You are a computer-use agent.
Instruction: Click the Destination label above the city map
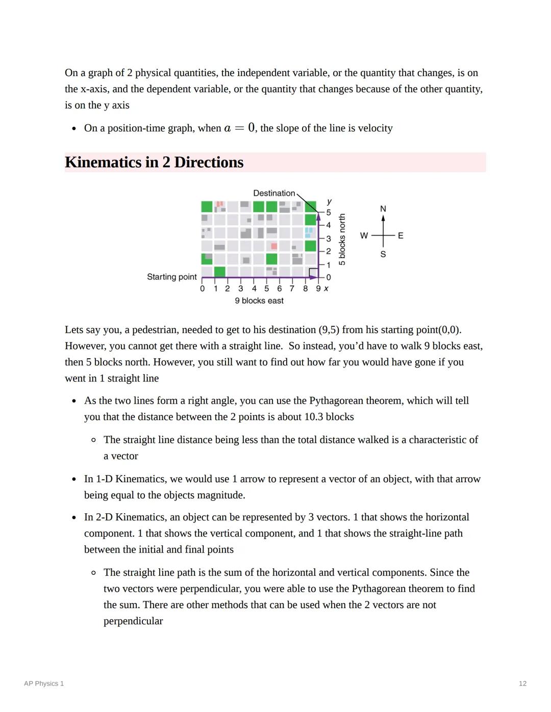click(x=274, y=193)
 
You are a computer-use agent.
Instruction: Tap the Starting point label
click(x=171, y=277)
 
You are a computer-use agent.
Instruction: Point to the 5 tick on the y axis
click(x=328, y=213)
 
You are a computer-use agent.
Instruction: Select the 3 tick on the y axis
click(x=328, y=239)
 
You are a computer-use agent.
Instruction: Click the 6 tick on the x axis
click(x=279, y=288)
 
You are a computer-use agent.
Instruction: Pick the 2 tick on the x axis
click(x=228, y=288)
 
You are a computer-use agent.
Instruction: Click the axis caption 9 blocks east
click(x=259, y=301)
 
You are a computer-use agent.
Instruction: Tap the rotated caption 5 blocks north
click(x=342, y=240)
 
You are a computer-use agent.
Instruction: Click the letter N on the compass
click(x=383, y=209)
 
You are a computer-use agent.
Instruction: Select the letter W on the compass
click(x=364, y=235)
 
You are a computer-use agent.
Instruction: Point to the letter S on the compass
click(x=383, y=254)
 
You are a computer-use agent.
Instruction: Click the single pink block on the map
click(x=274, y=247)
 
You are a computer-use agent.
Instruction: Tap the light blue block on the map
click(x=309, y=232)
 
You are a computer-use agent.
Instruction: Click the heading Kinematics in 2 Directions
click(x=154, y=162)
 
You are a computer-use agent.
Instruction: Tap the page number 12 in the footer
click(x=522, y=683)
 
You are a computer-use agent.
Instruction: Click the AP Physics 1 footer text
click(x=44, y=683)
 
